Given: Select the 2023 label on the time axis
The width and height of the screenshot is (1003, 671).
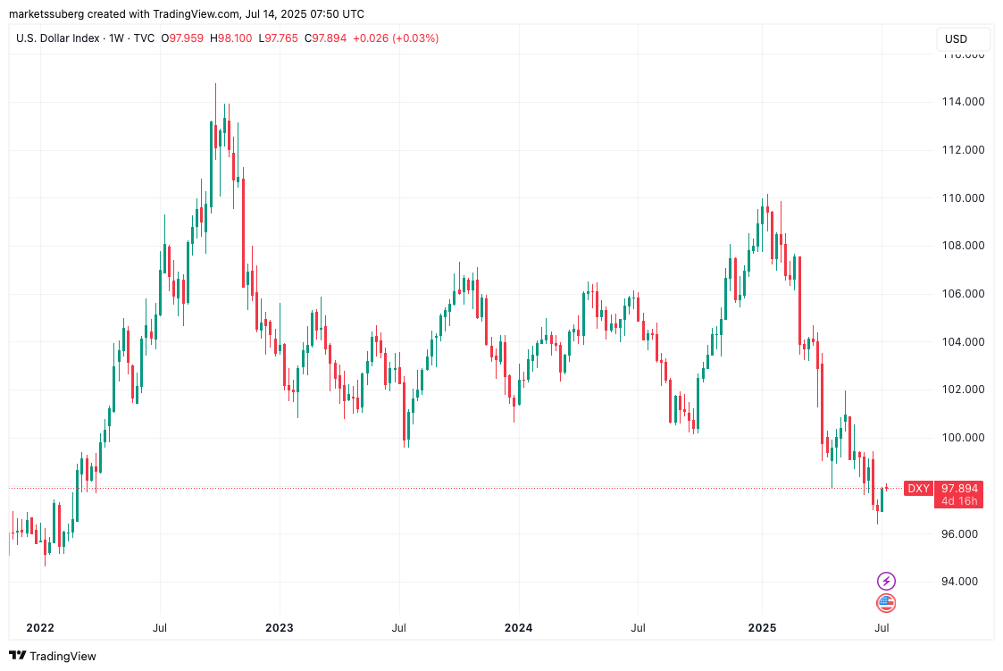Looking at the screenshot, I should tap(280, 627).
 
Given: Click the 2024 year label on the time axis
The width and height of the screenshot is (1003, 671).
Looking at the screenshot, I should tap(518, 627).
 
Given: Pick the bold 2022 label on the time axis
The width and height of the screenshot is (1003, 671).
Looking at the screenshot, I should tap(40, 627).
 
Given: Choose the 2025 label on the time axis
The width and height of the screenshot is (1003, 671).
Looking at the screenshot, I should tap(762, 627).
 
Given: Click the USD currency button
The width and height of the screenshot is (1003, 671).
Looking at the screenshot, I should tap(956, 39).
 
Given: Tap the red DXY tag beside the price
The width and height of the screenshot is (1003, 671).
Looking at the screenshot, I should tap(918, 488).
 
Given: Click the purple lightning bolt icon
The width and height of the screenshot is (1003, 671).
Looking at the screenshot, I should tap(885, 581).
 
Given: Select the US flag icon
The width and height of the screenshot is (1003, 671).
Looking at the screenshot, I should tap(885, 603).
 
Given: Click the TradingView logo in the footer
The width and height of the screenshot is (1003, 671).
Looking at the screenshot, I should tap(53, 656).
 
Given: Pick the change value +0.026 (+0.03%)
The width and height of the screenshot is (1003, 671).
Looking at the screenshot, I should tap(396, 38).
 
